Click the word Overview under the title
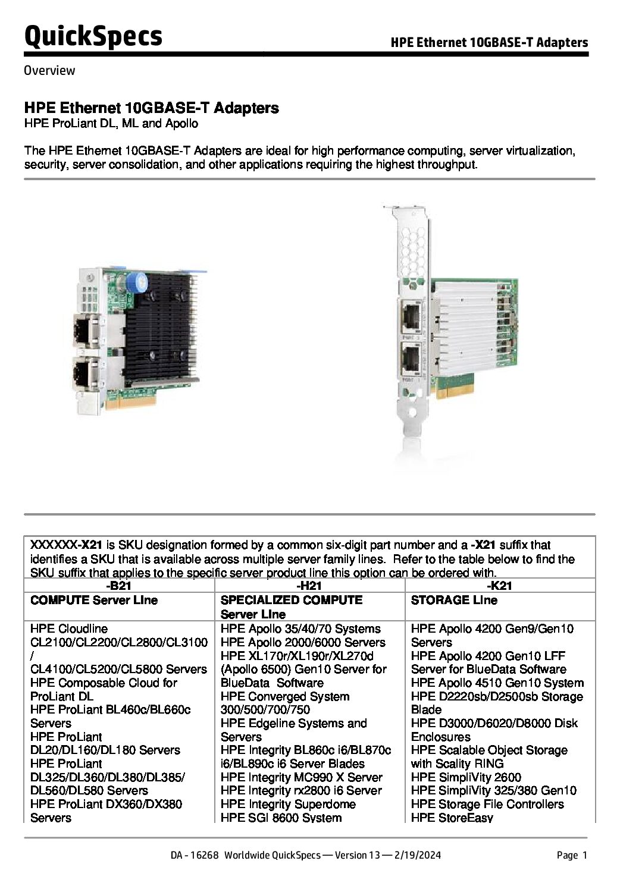[x=49, y=71]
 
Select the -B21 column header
[x=119, y=586]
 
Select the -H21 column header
[x=309, y=586]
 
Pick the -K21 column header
[x=500, y=586]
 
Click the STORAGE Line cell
[x=453, y=600]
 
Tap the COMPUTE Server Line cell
[x=94, y=600]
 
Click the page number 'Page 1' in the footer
[x=572, y=856]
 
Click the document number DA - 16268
[x=195, y=856]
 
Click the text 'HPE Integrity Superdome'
[x=288, y=805]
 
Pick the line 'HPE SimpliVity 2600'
[x=466, y=777]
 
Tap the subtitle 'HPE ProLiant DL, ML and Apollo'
[x=111, y=124]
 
